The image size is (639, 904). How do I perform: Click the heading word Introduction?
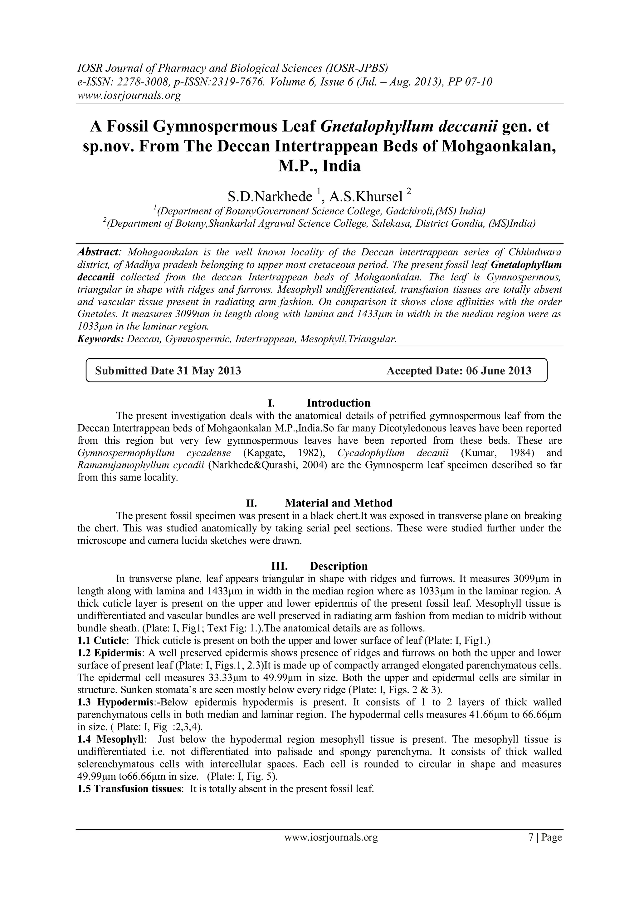339,403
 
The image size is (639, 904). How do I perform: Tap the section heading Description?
339,566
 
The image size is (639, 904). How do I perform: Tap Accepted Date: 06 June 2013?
459,370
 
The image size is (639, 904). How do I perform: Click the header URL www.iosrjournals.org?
129,95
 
